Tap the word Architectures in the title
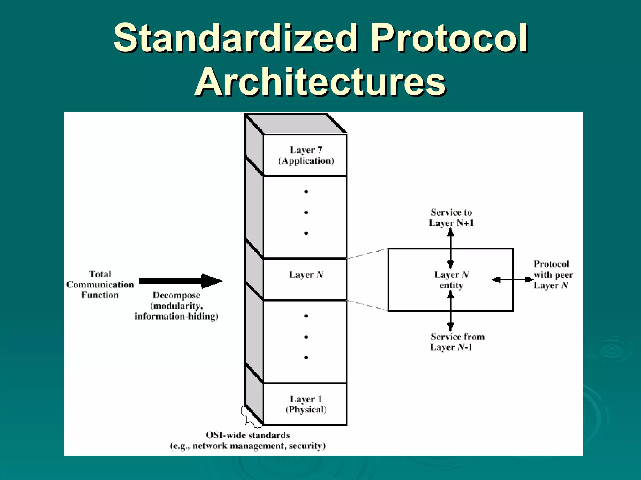click(x=320, y=82)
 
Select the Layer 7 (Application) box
click(x=306, y=155)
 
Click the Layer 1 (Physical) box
click(x=306, y=404)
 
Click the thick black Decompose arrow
click(x=180, y=281)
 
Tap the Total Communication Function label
click(x=100, y=284)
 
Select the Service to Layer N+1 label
click(x=451, y=217)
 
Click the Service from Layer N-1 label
click(x=457, y=342)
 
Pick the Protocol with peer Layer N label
click(x=553, y=275)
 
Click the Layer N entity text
click(x=451, y=280)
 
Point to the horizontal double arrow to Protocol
click(x=512, y=280)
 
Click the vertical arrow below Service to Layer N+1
click(x=450, y=248)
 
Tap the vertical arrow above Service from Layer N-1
click(x=450, y=311)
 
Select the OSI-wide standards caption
click(x=248, y=440)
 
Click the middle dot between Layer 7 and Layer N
click(x=306, y=212)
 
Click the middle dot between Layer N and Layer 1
click(x=306, y=337)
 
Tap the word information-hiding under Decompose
click(x=176, y=317)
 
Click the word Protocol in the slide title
click(x=449, y=38)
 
